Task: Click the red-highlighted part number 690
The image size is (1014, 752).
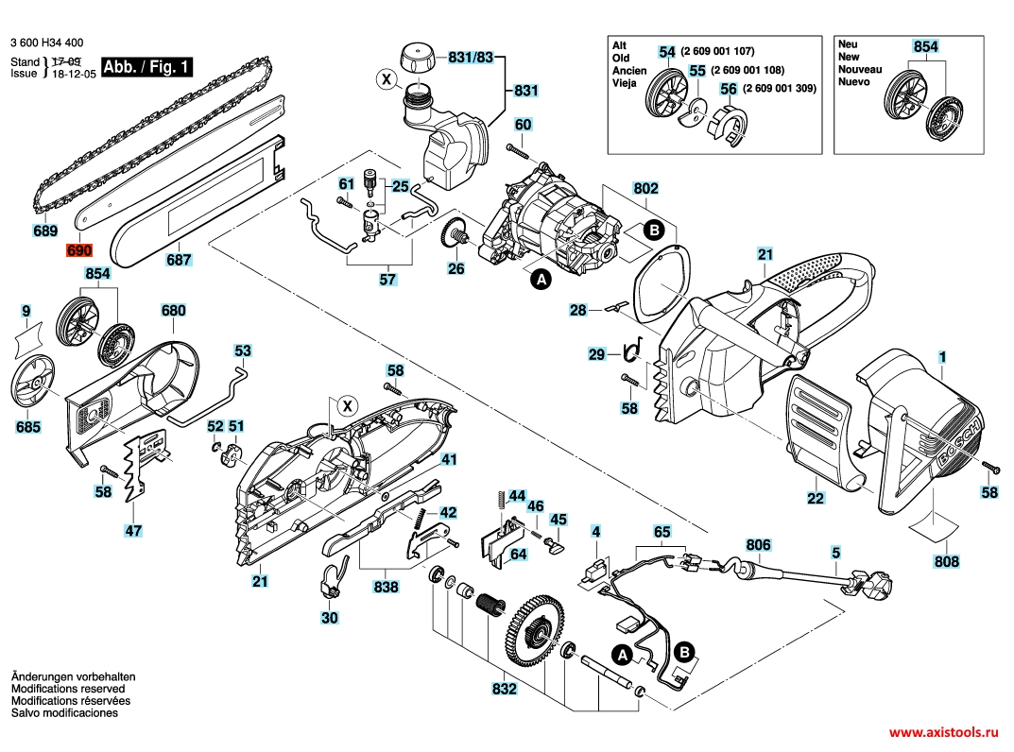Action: coord(78,252)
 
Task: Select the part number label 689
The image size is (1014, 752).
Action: coord(44,231)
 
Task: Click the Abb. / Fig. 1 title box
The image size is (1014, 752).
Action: coord(146,67)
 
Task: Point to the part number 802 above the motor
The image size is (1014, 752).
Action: coord(645,189)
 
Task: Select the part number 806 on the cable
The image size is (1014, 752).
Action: coord(759,545)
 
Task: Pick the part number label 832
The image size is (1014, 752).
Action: coord(505,690)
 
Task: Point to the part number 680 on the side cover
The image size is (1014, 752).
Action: coord(174,310)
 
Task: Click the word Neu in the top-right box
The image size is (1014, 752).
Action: coord(848,44)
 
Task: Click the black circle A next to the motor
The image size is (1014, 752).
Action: coord(541,280)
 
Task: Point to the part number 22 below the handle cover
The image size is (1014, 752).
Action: coord(816,498)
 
